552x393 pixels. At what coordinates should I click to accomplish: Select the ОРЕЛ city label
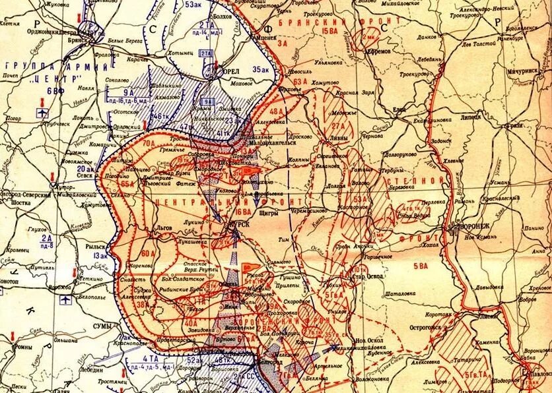[228, 71]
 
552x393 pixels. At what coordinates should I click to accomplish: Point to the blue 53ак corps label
[193, 5]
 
